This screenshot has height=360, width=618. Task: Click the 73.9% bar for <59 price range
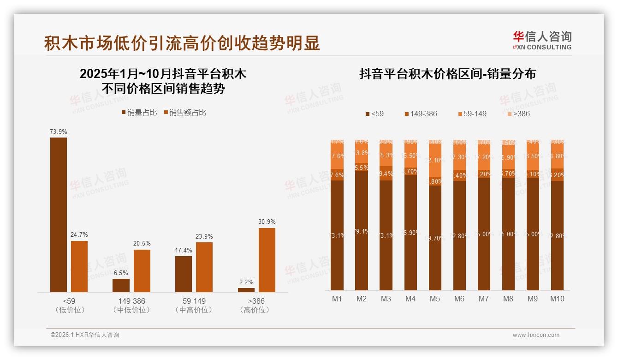pyautogui.click(x=59, y=215)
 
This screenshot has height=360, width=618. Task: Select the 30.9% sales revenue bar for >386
pyautogui.click(x=267, y=260)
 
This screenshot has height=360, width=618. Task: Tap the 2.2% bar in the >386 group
pyautogui.click(x=246, y=290)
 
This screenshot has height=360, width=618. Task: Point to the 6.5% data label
pyautogui.click(x=121, y=273)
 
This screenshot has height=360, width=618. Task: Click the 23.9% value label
pyautogui.click(x=204, y=237)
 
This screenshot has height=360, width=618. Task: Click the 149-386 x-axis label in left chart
pyautogui.click(x=131, y=301)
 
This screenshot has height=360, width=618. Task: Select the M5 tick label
pyautogui.click(x=435, y=299)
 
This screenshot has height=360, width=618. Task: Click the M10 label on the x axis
pyautogui.click(x=557, y=299)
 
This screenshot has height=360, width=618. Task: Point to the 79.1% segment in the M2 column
pyautogui.click(x=362, y=231)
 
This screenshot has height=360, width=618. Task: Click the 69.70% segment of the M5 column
pyautogui.click(x=435, y=238)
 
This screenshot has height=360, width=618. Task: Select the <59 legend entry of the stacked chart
pyautogui.click(x=374, y=114)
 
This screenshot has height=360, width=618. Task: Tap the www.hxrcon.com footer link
pyautogui.click(x=536, y=335)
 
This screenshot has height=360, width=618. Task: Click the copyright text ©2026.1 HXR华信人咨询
pyautogui.click(x=85, y=335)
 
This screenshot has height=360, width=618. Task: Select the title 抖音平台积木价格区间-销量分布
pyautogui.click(x=447, y=74)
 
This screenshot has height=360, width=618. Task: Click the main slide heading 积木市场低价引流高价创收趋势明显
pyautogui.click(x=182, y=43)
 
